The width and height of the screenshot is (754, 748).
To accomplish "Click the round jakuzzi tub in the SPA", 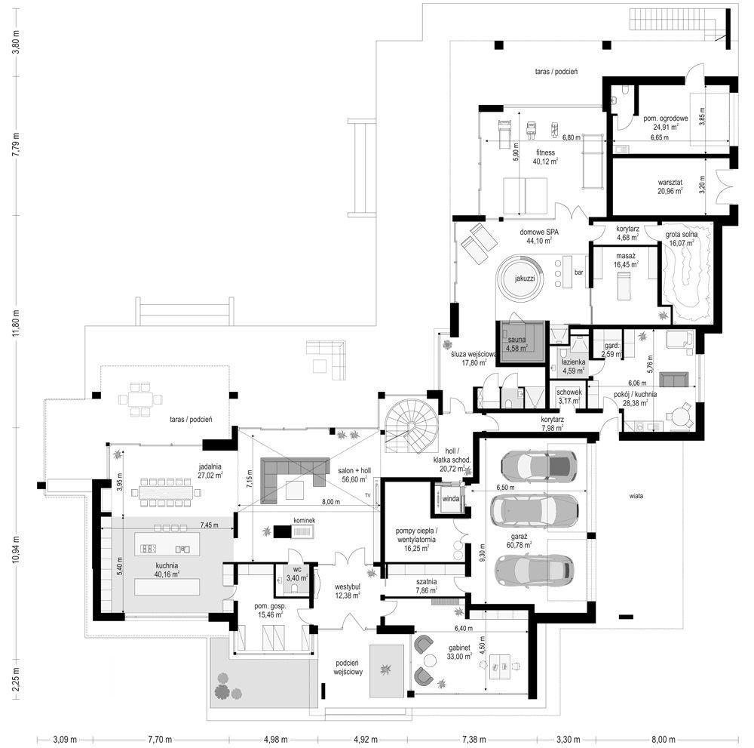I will click(x=520, y=278).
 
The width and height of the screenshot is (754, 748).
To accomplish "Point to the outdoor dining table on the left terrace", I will click(x=140, y=400).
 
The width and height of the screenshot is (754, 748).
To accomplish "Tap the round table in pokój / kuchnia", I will click(x=682, y=414).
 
